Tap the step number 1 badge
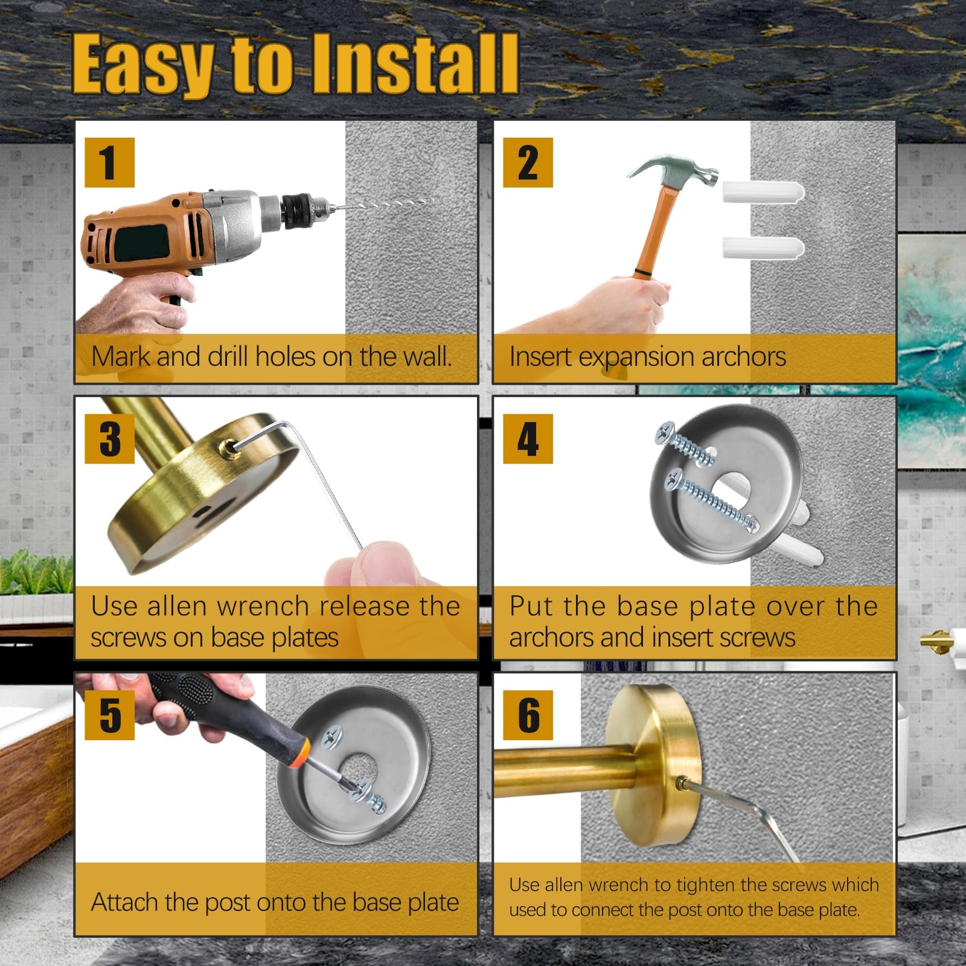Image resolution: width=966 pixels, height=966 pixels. point(109,162)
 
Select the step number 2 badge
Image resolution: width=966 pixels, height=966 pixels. point(528,162)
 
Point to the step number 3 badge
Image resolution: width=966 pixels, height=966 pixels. point(109,438)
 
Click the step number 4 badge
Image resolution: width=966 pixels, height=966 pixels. point(528,438)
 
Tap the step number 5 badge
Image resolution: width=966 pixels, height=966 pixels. point(109,715)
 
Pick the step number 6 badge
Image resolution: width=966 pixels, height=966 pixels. point(528,715)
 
